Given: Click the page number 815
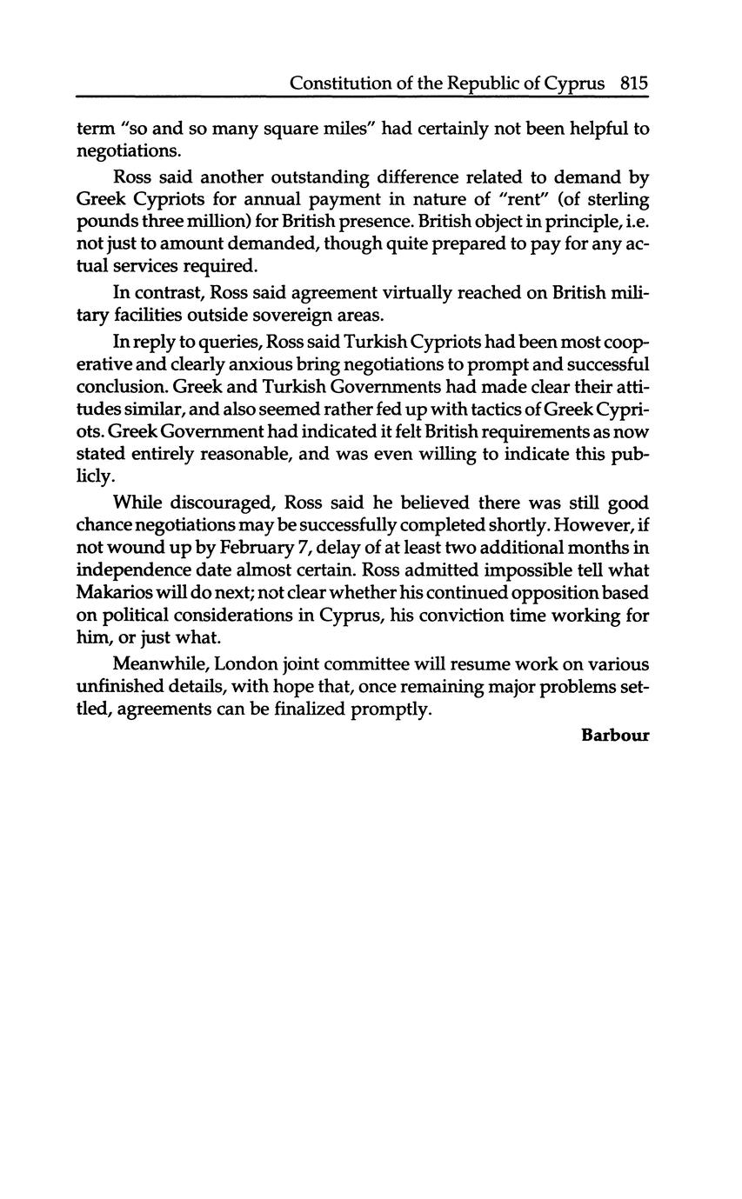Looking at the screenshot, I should (634, 83).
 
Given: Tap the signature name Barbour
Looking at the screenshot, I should (615, 736).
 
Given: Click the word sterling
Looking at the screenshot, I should (618, 200).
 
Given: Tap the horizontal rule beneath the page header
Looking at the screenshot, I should (363, 97).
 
